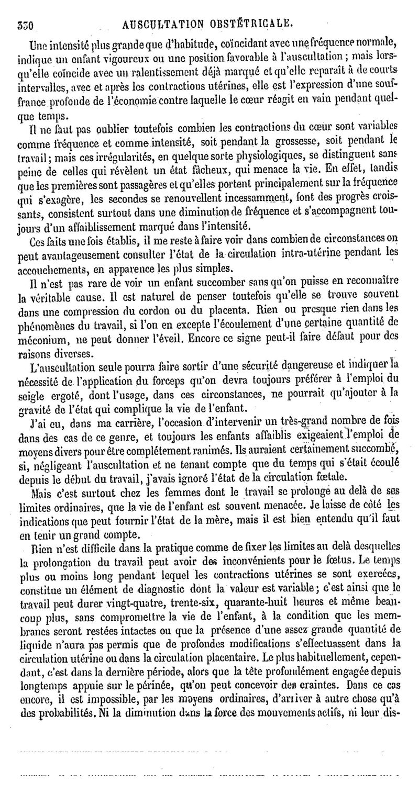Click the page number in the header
click(25, 23)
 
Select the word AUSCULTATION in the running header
click(161, 23)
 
